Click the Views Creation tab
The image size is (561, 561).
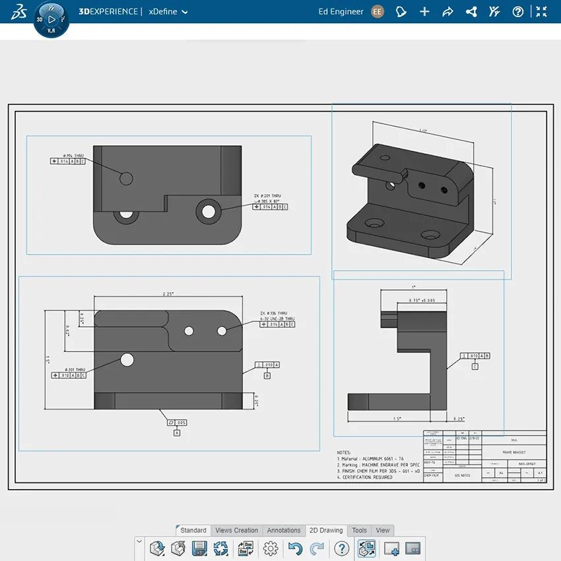tap(236, 530)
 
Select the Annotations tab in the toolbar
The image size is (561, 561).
tap(283, 530)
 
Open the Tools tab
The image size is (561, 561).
tap(359, 530)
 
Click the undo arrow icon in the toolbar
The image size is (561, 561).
tap(295, 548)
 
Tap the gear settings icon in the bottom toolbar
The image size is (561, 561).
tap(270, 548)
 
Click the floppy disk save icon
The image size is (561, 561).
tap(199, 548)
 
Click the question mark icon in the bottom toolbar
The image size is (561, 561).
tap(341, 548)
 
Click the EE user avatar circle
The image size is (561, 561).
tap(378, 11)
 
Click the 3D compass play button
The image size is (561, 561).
tap(51, 19)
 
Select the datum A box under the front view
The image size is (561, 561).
tap(177, 433)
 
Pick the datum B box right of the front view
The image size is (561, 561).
tap(267, 376)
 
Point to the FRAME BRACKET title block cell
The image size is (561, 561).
tap(513, 453)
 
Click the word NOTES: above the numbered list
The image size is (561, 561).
tap(345, 453)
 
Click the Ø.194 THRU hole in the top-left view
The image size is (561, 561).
tap(126, 178)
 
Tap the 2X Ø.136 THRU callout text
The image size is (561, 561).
tap(273, 313)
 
